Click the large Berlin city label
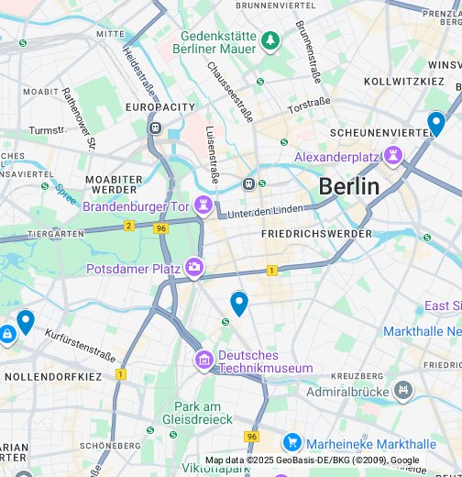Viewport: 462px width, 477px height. click(348, 187)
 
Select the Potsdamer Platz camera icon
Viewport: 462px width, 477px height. click(194, 268)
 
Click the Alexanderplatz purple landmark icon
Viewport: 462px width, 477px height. click(394, 157)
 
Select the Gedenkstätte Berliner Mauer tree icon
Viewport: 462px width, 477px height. click(270, 40)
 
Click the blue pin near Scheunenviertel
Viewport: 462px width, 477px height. click(436, 123)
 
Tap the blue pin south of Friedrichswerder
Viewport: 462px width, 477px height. click(239, 303)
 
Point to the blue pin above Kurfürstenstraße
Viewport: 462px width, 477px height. click(26, 321)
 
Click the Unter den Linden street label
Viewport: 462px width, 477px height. click(264, 213)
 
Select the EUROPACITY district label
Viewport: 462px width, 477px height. click(160, 107)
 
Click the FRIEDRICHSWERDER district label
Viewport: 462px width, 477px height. click(316, 234)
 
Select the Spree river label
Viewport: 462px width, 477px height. click(65, 194)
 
